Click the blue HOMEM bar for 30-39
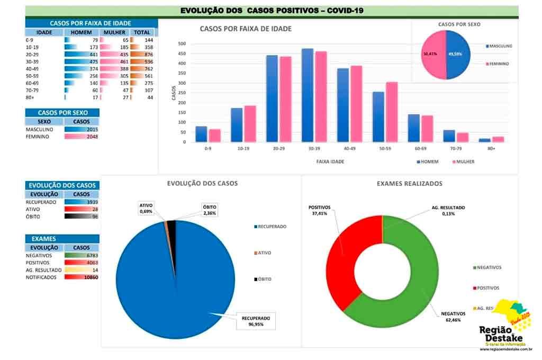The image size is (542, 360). (x=307, y=95)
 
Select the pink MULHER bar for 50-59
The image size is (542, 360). (x=392, y=112)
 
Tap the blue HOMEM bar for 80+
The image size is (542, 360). (x=484, y=140)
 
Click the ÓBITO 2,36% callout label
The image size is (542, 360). (x=210, y=210)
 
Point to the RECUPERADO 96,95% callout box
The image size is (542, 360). (x=256, y=321)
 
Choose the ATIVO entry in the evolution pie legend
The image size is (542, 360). (x=264, y=253)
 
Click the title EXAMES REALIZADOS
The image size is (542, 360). (x=409, y=184)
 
